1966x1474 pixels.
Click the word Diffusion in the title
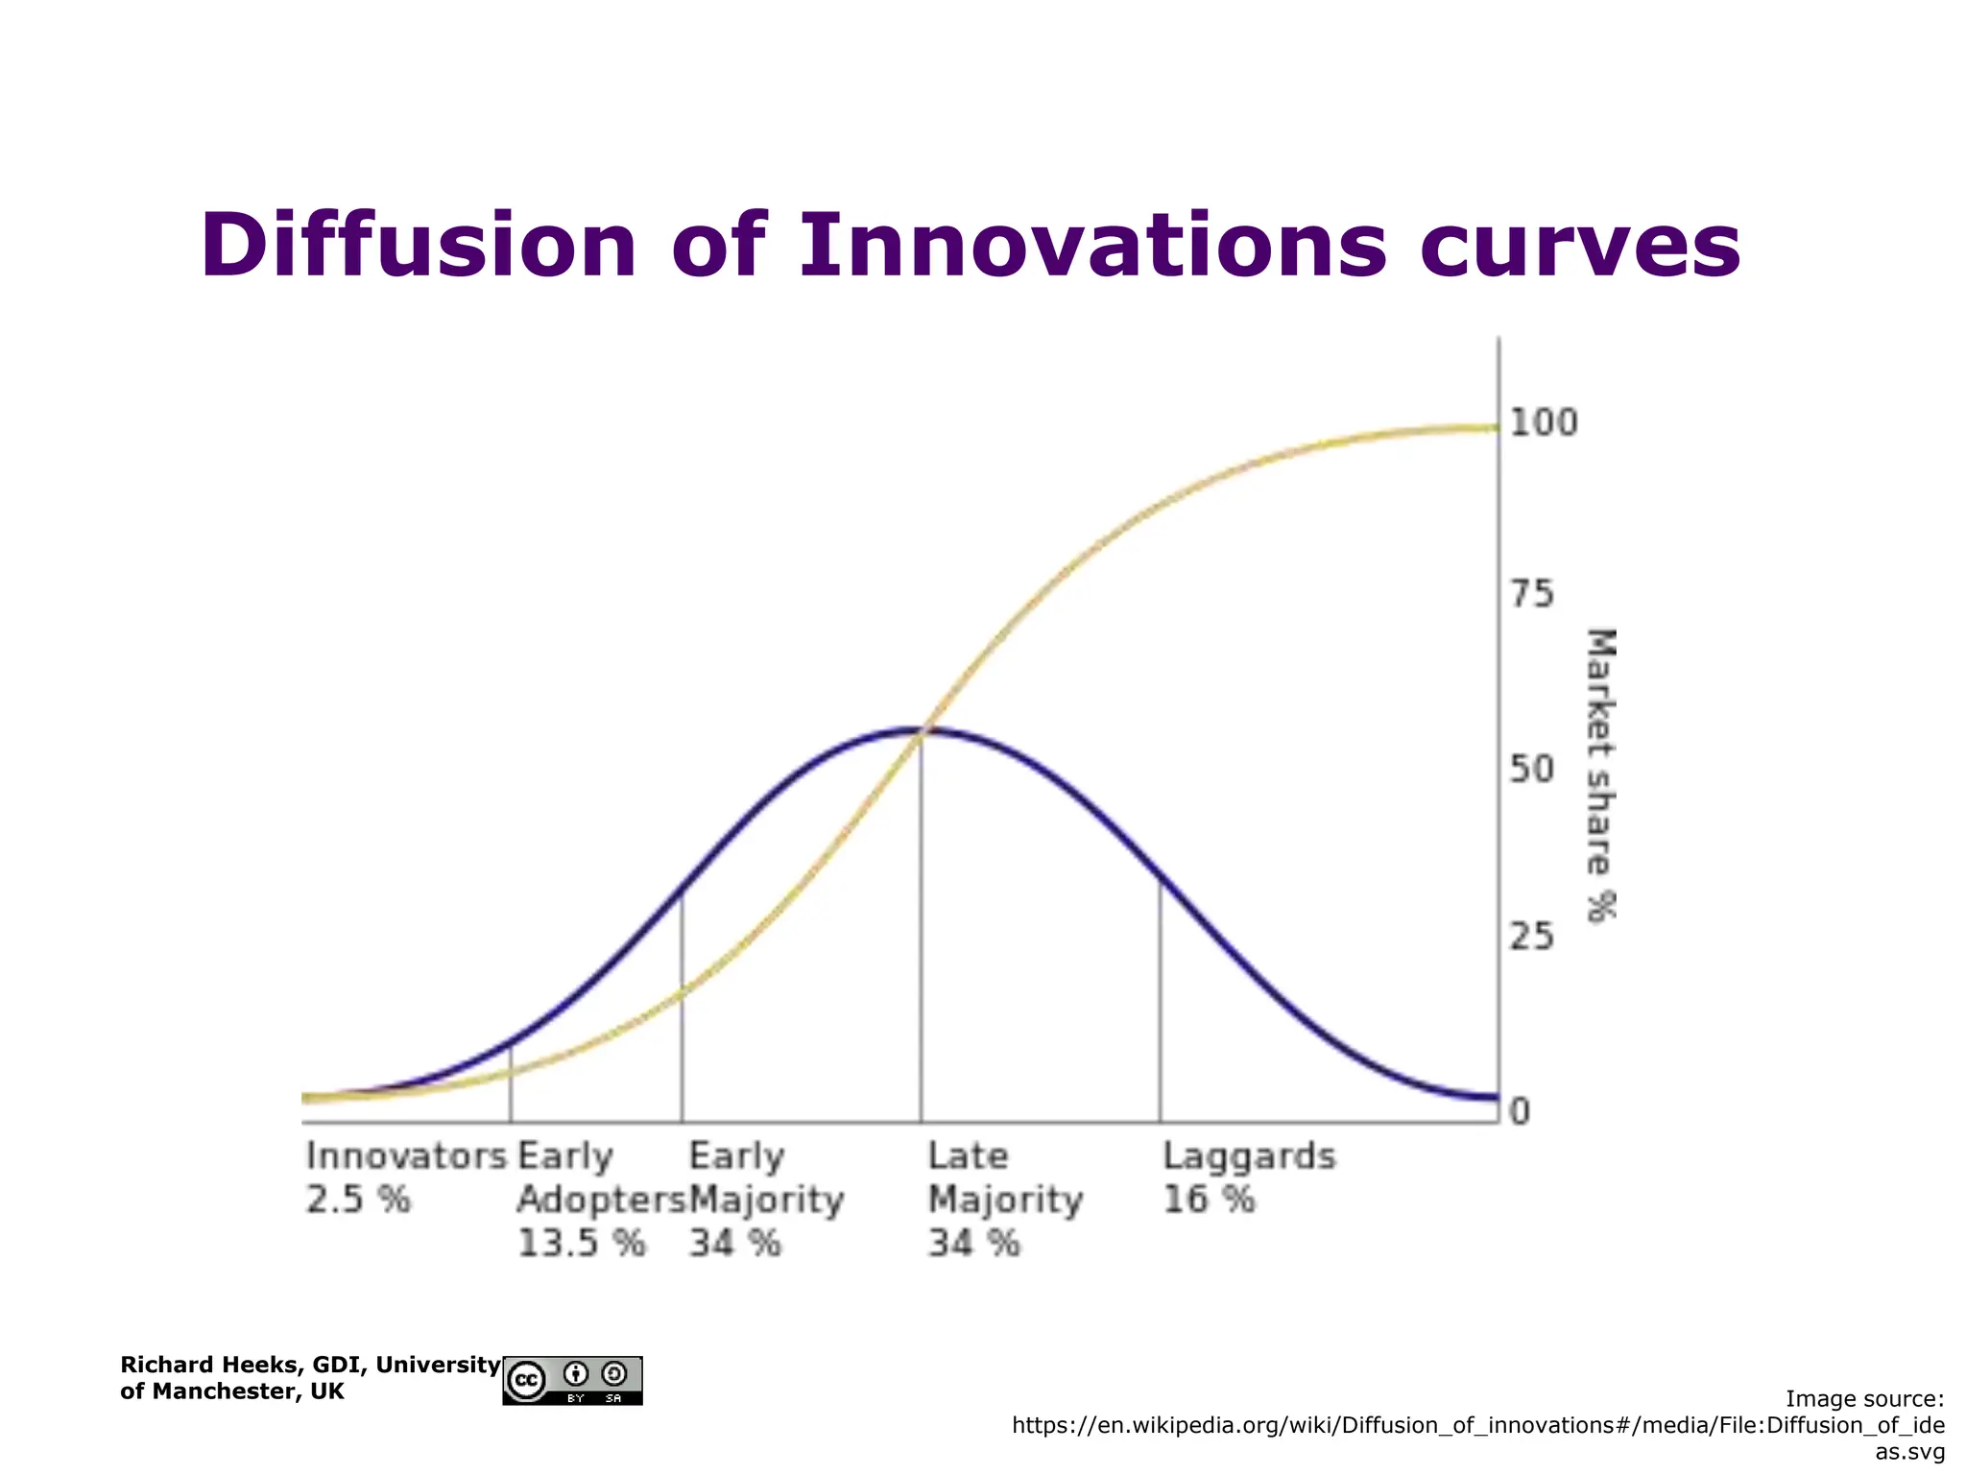pyautogui.click(x=419, y=246)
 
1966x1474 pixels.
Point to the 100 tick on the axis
pyautogui.click(x=1544, y=423)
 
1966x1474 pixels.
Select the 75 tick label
pyautogui.click(x=1531, y=595)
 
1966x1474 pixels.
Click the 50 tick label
pyautogui.click(x=1531, y=769)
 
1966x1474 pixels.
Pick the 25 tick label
pyautogui.click(x=1531, y=937)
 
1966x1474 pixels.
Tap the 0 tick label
pyautogui.click(x=1520, y=1112)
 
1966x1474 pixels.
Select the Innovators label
pyautogui.click(x=406, y=1156)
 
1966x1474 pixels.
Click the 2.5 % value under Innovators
pyautogui.click(x=358, y=1200)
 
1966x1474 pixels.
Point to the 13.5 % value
pyautogui.click(x=581, y=1244)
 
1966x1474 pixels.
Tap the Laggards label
pyautogui.click(x=1249, y=1157)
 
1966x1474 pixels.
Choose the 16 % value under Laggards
pyautogui.click(x=1209, y=1200)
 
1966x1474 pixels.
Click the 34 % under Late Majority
pyautogui.click(x=973, y=1244)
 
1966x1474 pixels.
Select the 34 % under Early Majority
pyautogui.click(x=735, y=1244)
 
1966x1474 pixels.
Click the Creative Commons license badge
pyautogui.click(x=572, y=1381)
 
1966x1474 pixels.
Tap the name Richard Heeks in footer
pyautogui.click(x=206, y=1365)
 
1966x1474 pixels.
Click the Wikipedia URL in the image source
pyautogui.click(x=1478, y=1426)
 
